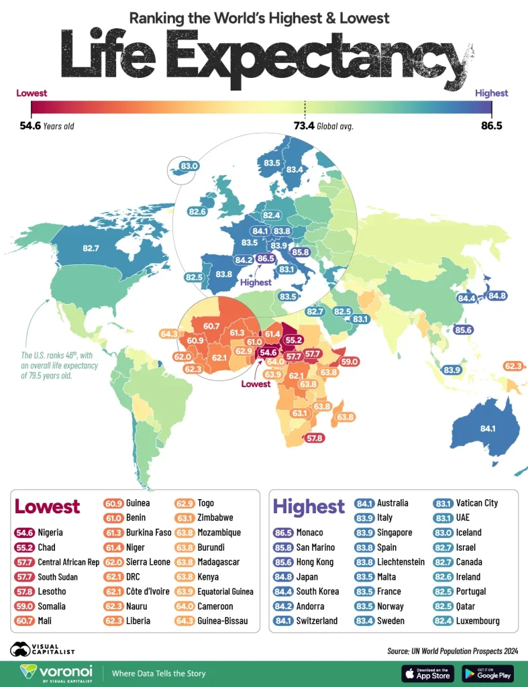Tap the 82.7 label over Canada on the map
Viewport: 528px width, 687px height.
point(91,248)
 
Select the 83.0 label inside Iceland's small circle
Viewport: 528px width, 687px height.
point(190,166)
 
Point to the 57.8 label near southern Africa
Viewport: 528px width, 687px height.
point(315,438)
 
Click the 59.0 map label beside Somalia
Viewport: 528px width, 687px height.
point(350,362)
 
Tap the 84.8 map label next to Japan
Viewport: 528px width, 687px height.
point(497,295)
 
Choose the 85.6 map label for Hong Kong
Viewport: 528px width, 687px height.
point(463,329)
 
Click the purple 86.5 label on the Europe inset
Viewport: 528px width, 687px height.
point(266,258)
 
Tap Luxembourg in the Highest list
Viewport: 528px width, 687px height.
point(477,621)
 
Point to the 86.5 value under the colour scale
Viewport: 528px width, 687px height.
point(491,125)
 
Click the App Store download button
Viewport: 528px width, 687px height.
point(427,673)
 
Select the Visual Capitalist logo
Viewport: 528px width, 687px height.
point(42,649)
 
